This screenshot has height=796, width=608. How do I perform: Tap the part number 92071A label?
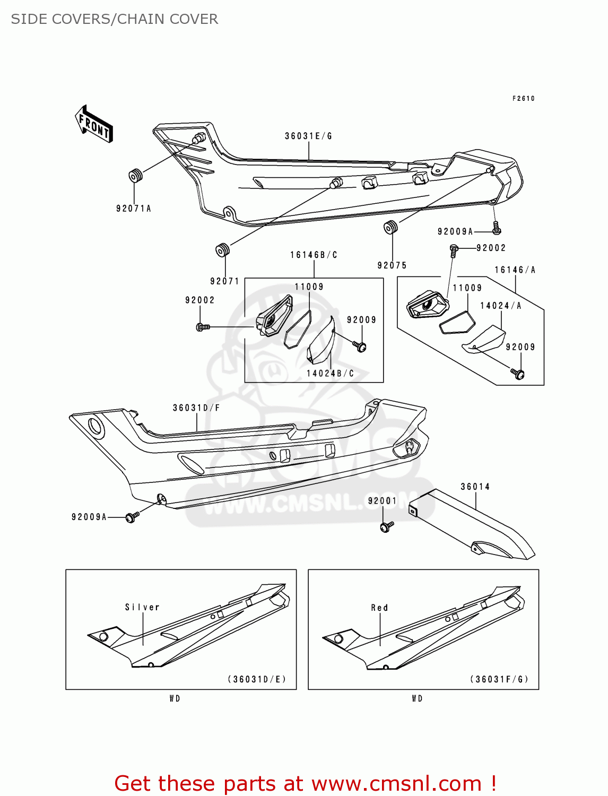point(134,209)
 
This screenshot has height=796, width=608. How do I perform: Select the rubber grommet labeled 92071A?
point(136,175)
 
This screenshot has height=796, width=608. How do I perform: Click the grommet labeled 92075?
point(391,227)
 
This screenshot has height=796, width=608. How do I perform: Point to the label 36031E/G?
point(308,136)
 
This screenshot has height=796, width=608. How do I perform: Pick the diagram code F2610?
point(523,98)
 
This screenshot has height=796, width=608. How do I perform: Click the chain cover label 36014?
point(475,487)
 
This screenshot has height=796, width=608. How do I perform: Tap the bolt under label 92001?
point(386,526)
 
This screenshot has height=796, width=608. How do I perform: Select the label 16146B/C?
point(314,255)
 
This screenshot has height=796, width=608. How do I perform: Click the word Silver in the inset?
point(142,607)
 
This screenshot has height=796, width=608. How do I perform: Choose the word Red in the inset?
point(379,608)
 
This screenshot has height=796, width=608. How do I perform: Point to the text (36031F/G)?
point(499,679)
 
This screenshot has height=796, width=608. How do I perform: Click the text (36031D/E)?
point(257,679)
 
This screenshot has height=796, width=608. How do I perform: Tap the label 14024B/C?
point(330,374)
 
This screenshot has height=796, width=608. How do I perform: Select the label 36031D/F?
point(196,408)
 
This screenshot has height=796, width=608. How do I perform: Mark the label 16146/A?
point(515,270)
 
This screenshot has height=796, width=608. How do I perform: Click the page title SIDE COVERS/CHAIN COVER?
point(115,19)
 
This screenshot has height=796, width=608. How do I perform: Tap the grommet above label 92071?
point(222,249)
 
